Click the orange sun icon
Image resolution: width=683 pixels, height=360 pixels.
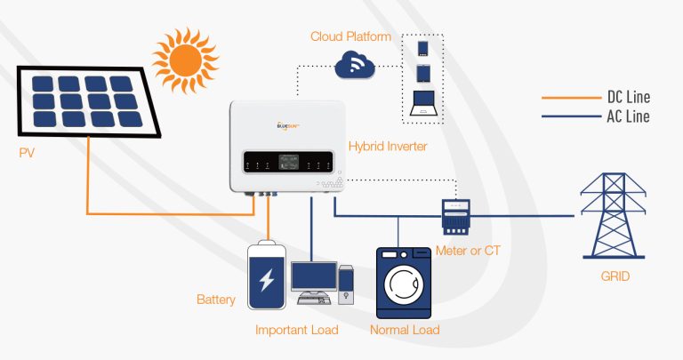coord(185,60)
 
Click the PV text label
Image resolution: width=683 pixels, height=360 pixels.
coord(28,154)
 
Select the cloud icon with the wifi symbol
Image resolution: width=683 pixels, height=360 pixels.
coord(355,64)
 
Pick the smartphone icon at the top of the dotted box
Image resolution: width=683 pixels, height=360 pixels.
coord(423,46)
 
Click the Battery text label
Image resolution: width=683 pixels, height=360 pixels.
coord(216,300)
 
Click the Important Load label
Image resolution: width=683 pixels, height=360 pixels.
coord(297,331)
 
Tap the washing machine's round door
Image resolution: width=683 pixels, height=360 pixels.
coord(405,284)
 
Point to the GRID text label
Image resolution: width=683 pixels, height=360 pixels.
coord(615,277)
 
